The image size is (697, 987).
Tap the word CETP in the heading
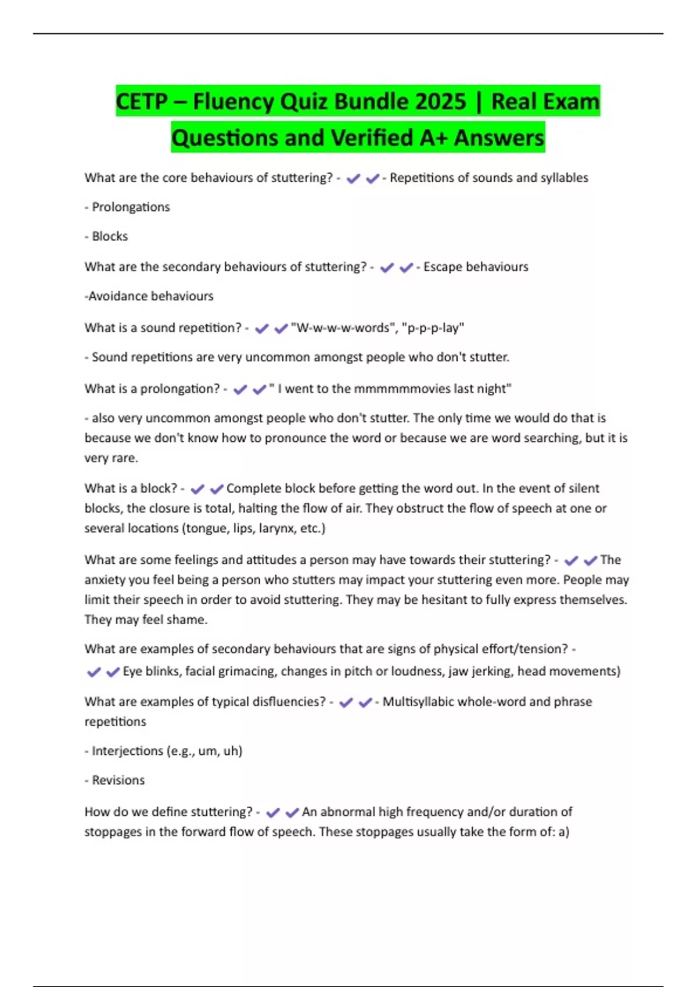(142, 102)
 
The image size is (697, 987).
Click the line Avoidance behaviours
(150, 296)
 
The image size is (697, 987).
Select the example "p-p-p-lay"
(433, 328)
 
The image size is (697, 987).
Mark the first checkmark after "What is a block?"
(197, 489)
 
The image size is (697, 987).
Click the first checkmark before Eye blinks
(94, 672)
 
